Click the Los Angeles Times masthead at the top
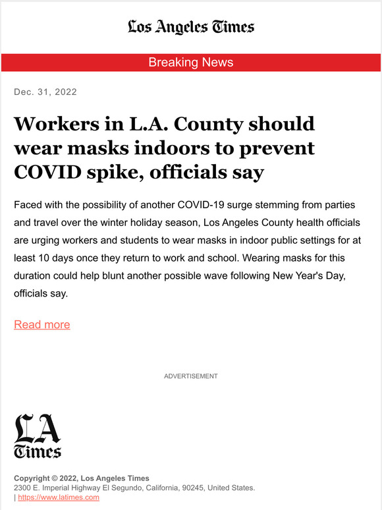[191, 26]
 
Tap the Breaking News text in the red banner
[191, 63]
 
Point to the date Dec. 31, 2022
[45, 92]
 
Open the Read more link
[42, 324]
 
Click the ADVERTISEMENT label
[191, 376]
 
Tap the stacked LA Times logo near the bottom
[38, 436]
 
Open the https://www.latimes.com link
[59, 497]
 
